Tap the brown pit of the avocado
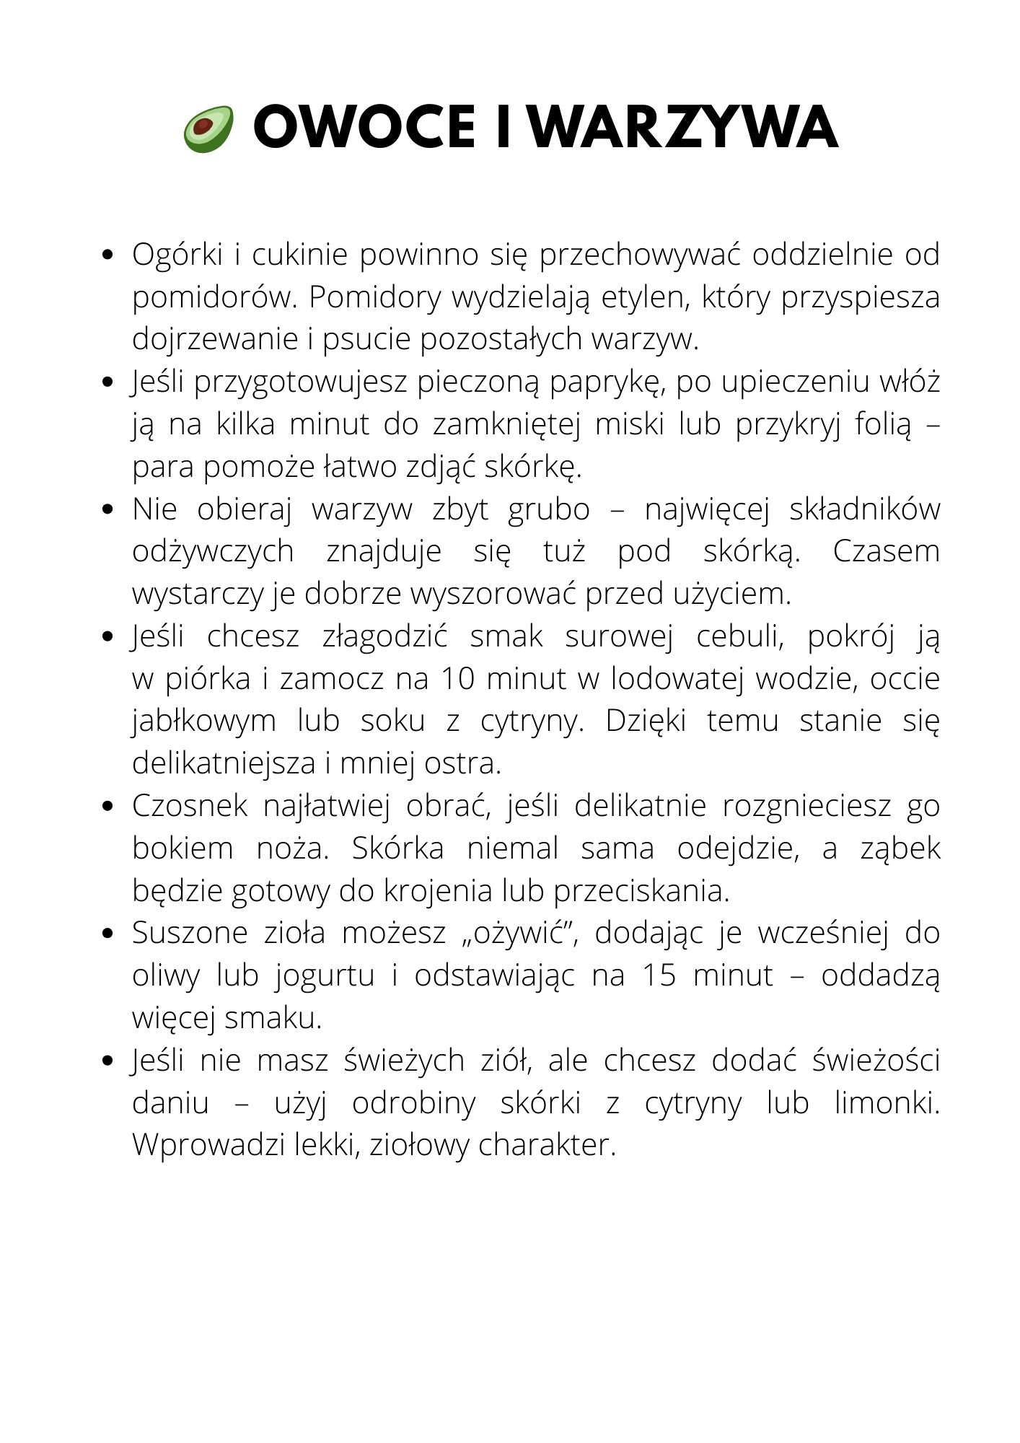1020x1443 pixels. click(204, 126)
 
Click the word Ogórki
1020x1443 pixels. click(176, 255)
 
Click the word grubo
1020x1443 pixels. click(548, 510)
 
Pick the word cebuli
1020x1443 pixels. click(742, 637)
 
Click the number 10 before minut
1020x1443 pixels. click(456, 680)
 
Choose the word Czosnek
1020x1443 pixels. click(190, 807)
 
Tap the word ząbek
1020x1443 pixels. click(900, 849)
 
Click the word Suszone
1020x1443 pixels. click(189, 934)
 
